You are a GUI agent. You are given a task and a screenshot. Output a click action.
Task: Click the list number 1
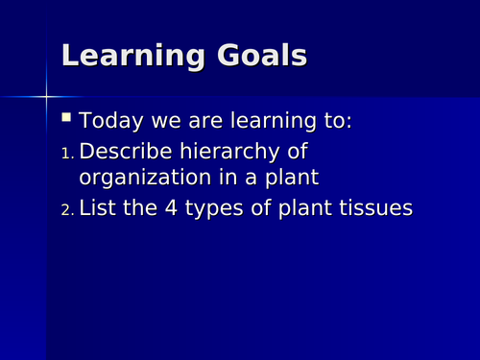click(66, 154)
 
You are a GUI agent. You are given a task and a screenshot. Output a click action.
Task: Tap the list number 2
click(66, 208)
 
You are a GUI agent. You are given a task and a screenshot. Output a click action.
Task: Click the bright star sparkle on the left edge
click(44, 96)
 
